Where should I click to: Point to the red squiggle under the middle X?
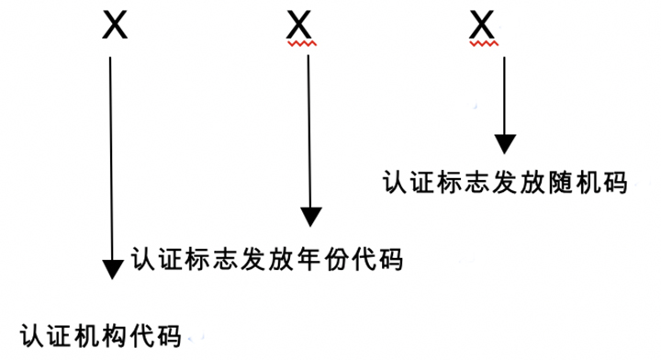pyautogui.click(x=300, y=43)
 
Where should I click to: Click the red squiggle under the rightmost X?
pyautogui.click(x=484, y=43)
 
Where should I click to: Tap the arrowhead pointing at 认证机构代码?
pyautogui.click(x=112, y=268)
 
